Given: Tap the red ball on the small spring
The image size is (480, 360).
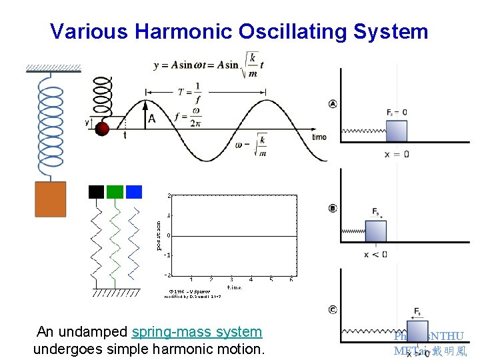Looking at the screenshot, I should coord(102,129).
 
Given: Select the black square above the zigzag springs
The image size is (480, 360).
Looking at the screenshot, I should coord(97,192).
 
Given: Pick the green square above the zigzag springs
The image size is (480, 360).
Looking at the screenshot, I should coord(115,192).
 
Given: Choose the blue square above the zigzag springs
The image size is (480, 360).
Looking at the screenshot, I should coord(134,192).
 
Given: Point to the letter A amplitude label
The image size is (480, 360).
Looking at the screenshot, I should coord(152,119).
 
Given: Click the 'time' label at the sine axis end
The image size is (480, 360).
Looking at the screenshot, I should coord(319,137).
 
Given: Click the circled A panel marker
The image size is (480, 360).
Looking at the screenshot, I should coord(333,103).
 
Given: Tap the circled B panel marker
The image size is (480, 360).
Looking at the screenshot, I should coord(333,208).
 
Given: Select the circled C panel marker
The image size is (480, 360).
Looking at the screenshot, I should coord(333,309).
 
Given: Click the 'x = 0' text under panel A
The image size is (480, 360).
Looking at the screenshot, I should coord(397,154).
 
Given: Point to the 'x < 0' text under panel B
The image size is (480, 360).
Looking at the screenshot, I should coord(375,255).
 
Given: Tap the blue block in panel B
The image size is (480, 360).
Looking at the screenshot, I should coord(375,231).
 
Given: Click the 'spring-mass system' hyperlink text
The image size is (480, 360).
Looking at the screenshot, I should coord(197,332).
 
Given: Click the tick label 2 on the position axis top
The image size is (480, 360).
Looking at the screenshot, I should coord(169,195).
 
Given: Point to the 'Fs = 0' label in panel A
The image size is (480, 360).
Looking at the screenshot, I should coord(397,112).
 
